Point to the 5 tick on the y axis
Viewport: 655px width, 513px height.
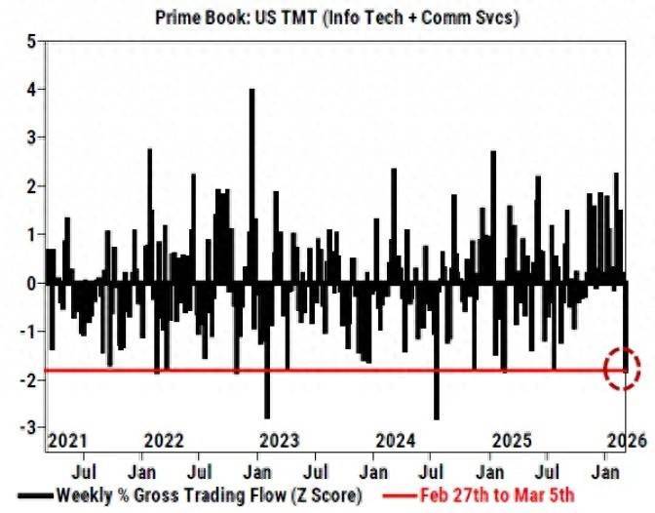pyautogui.click(x=31, y=42)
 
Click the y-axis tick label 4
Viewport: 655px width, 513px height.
pyautogui.click(x=31, y=90)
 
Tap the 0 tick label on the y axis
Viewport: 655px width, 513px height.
pyautogui.click(x=31, y=284)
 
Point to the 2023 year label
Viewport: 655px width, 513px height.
pyautogui.click(x=280, y=441)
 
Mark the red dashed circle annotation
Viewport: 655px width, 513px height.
pyautogui.click(x=621, y=369)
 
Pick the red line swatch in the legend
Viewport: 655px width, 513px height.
pyautogui.click(x=394, y=496)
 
